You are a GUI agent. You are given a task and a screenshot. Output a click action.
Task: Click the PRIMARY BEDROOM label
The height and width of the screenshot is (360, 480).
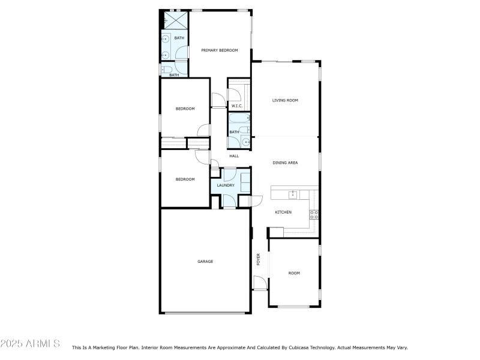point(216,50)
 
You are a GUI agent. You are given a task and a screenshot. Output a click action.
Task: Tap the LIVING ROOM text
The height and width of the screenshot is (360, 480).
point(285,100)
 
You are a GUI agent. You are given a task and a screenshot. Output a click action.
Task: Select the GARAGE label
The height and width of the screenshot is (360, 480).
point(205,262)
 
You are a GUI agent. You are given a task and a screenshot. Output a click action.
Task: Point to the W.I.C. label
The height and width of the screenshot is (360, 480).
point(236,106)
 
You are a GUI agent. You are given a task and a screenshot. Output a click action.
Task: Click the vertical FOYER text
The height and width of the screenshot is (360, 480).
point(259,260)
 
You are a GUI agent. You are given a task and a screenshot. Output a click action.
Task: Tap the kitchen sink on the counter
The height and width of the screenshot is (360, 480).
point(292,194)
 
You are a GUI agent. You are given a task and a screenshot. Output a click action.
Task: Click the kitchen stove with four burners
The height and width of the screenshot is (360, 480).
point(313,214)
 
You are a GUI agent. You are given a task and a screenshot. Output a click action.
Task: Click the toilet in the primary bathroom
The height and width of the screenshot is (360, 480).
point(166,70)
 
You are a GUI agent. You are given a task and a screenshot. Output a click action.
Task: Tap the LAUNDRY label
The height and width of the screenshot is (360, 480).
point(226,185)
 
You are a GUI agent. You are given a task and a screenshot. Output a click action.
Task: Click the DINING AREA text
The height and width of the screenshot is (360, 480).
point(285,163)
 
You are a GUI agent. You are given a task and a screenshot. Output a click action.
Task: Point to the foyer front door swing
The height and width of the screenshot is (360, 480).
point(259,283)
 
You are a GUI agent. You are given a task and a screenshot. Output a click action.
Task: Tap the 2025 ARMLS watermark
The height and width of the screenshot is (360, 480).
point(30,344)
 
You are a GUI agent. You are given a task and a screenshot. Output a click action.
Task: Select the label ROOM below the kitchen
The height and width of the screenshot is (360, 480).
point(294,273)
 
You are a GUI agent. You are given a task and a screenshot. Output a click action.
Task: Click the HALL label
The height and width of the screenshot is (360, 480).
point(234,156)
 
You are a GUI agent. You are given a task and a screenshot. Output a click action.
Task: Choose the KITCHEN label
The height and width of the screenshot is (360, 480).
point(283,212)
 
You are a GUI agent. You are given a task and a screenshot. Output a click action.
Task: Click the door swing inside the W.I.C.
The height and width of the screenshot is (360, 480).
point(233,94)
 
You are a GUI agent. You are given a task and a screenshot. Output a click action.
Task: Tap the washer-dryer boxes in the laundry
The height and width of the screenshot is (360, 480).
point(245,182)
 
